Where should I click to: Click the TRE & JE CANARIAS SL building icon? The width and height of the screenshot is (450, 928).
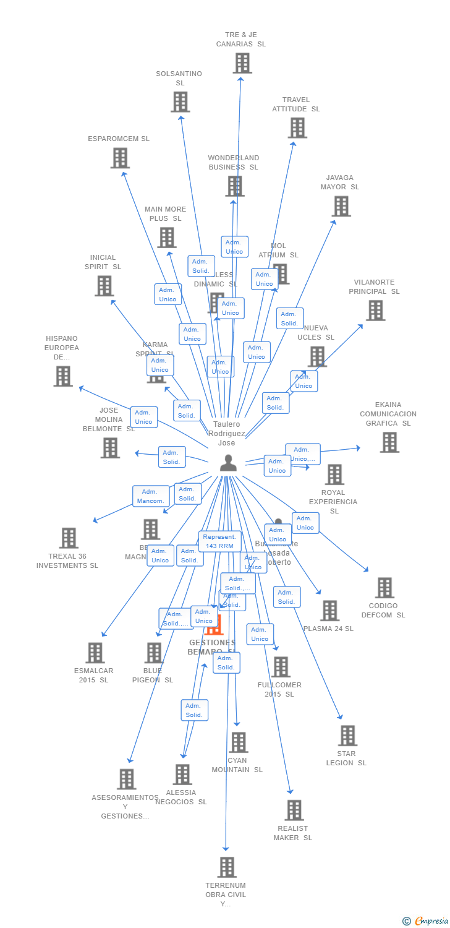pyautogui.click(x=242, y=63)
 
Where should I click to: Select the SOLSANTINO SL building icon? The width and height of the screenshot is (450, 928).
pyautogui.click(x=180, y=102)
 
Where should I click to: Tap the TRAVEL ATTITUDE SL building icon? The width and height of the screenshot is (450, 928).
pyautogui.click(x=297, y=128)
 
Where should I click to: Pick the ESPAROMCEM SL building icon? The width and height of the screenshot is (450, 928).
pyautogui.click(x=120, y=158)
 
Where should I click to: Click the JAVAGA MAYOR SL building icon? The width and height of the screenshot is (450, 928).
pyautogui.click(x=341, y=206)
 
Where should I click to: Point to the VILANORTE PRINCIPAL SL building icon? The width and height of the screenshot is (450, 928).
pyautogui.click(x=375, y=311)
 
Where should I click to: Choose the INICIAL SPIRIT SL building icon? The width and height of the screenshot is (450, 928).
pyautogui.click(x=104, y=286)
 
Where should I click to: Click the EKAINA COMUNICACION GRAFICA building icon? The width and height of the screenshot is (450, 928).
pyautogui.click(x=389, y=442)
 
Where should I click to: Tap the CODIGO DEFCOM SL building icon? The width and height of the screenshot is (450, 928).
pyautogui.click(x=384, y=588)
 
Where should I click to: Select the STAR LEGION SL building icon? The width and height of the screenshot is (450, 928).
pyautogui.click(x=347, y=736)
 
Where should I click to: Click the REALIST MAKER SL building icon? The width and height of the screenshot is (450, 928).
pyautogui.click(x=294, y=810)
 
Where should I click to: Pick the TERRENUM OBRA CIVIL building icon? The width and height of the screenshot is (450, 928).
pyautogui.click(x=227, y=867)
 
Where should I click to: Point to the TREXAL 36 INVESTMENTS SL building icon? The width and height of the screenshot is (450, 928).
pyautogui.click(x=69, y=538)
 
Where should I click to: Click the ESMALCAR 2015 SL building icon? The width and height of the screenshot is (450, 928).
pyautogui.click(x=95, y=653)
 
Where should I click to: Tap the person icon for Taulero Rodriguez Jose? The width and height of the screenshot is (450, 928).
pyautogui.click(x=228, y=463)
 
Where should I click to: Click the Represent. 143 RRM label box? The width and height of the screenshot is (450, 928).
pyautogui.click(x=219, y=541)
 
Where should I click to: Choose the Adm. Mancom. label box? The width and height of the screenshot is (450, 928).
pyautogui.click(x=150, y=496)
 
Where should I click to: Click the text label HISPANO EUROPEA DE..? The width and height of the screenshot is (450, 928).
pyautogui.click(x=62, y=348)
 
